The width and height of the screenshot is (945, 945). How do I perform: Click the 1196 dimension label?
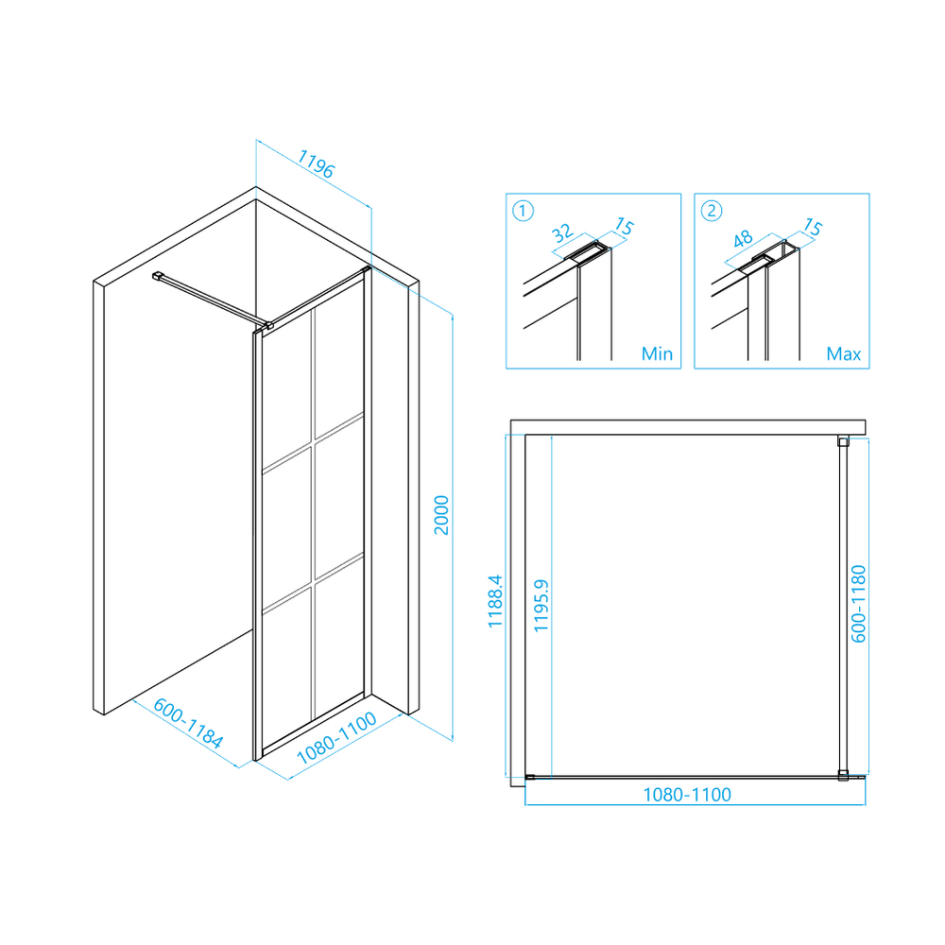pos(316,163)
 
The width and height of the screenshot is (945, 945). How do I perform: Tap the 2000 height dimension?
pos(441,515)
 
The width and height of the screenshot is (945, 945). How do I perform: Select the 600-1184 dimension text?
pos(188,723)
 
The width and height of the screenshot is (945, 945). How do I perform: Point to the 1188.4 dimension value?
pos(495,601)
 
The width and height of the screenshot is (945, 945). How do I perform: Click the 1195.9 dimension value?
pos(541,605)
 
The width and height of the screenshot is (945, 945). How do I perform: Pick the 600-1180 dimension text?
pos(858,604)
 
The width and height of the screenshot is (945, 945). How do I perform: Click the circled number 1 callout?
pos(524,211)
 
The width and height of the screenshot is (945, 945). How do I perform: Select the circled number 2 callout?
pos(712,211)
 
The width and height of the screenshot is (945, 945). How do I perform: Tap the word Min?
pos(657,353)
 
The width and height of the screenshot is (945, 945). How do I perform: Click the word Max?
pos(844,353)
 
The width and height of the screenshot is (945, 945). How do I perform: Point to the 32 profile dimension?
pos(561,233)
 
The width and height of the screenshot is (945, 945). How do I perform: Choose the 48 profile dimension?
pos(743,239)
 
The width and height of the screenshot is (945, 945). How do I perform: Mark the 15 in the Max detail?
pos(813,227)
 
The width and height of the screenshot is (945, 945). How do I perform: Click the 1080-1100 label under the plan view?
pos(687,795)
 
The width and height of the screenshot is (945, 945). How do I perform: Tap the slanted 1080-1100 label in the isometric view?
pos(337,738)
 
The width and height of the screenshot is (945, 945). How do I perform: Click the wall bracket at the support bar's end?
pos(158,276)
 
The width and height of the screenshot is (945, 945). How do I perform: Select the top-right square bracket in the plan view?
pos(843,441)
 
